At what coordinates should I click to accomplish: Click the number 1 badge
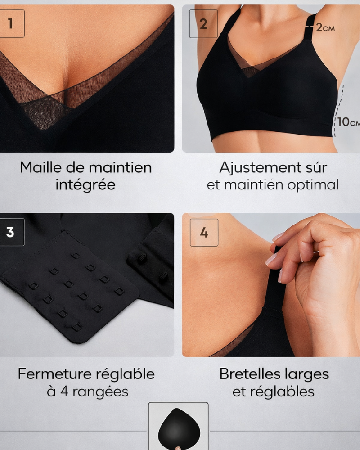point(10,23)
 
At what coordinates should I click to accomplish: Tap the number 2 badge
point(203,24)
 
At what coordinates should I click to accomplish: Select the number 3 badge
point(10,232)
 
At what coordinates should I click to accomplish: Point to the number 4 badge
point(204,233)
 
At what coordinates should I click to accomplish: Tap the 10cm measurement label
point(349,122)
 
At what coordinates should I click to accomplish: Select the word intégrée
point(85,185)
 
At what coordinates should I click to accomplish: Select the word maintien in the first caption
point(121,168)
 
